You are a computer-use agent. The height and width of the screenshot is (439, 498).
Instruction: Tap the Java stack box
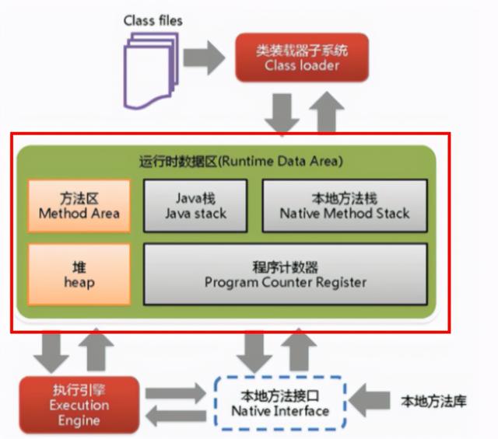click(195, 205)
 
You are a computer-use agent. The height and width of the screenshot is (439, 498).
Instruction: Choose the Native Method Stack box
click(345, 205)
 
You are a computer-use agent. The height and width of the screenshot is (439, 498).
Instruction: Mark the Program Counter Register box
click(285, 274)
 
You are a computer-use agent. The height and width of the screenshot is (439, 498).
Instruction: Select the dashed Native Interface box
click(281, 402)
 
